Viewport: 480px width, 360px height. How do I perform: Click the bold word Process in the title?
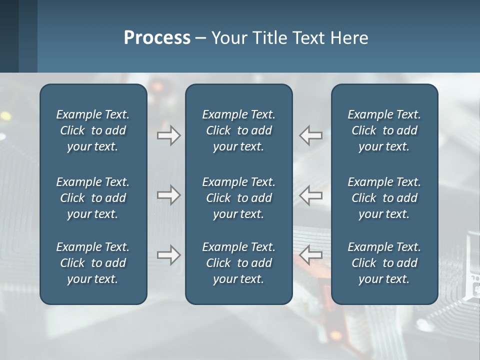157,38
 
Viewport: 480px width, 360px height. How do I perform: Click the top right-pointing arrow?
168,135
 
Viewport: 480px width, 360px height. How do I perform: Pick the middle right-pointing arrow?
168,195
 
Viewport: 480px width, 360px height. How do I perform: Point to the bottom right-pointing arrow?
168,255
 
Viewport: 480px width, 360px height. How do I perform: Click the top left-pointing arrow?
310,135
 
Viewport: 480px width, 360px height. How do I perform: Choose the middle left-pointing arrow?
310,195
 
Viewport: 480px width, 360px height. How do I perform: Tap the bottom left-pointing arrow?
310,255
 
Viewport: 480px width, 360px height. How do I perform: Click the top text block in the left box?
93,130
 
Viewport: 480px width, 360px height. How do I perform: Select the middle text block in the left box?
93,198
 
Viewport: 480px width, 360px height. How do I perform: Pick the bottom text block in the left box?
93,263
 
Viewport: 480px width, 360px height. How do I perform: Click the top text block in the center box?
239,130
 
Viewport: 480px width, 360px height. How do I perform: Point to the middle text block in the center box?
239,198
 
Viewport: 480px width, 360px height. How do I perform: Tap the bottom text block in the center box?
239,263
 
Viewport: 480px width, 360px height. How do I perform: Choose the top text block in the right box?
384,130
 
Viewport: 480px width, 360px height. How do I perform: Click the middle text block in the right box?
384,198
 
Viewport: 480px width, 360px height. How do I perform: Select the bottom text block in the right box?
384,263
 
